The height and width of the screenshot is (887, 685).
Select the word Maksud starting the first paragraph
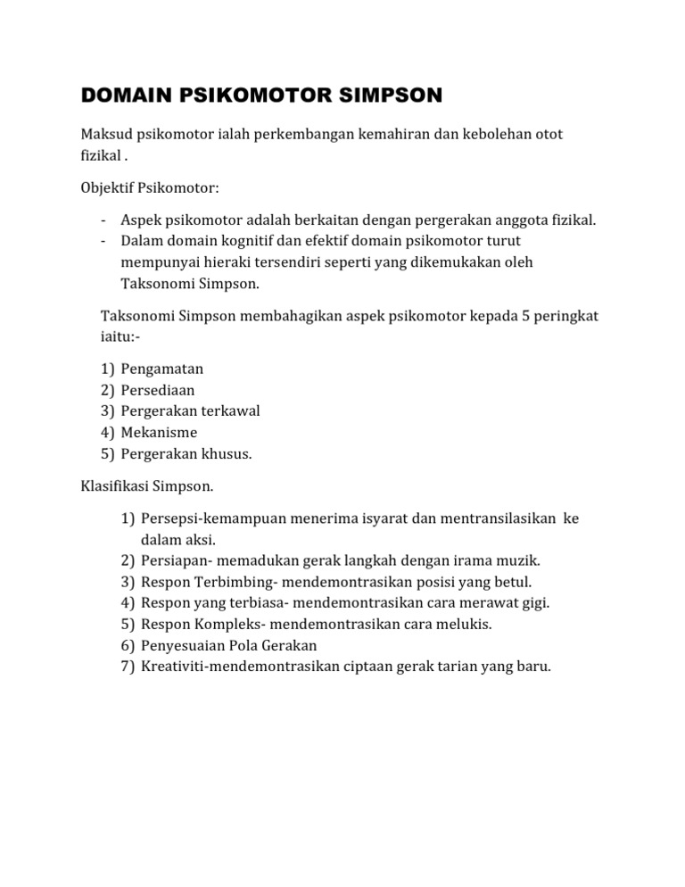pos(103,135)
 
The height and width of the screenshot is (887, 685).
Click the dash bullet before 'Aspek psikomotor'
pos(104,220)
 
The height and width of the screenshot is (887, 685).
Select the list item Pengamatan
pos(162,369)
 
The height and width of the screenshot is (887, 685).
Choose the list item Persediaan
pos(158,390)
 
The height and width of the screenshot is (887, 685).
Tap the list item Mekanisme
pos(159,433)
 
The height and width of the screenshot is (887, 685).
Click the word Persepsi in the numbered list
pos(170,519)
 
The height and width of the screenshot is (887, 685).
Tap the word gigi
pos(532,603)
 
